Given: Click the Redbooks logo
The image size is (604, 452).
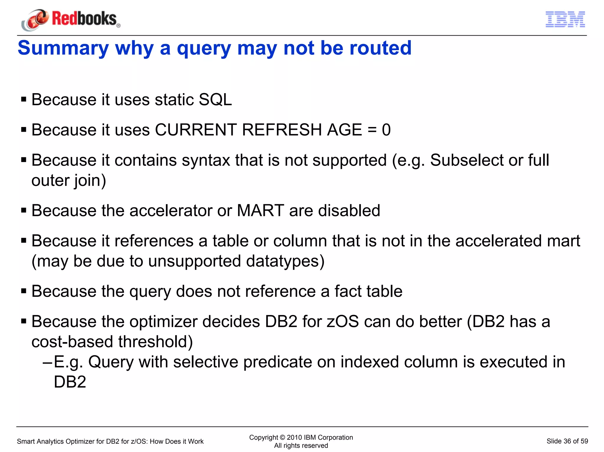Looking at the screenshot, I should [71, 19].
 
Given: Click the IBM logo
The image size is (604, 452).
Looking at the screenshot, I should [565, 19].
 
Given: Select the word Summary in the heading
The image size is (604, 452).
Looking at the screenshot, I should [63, 48].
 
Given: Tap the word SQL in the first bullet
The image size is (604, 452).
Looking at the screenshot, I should [215, 100].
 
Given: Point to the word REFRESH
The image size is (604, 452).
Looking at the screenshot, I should [281, 130].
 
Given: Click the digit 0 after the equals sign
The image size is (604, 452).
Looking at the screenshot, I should [386, 130].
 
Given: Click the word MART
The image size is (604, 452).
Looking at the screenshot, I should [260, 211].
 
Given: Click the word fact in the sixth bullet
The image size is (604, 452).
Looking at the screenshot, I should [347, 291].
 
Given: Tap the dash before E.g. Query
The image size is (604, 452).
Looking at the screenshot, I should [47, 362].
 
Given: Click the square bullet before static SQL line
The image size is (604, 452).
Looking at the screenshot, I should [24, 100].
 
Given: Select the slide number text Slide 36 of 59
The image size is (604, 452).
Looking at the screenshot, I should [567, 441].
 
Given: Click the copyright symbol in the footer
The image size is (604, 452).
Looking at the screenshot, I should [282, 438].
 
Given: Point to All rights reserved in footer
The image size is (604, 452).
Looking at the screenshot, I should [301, 446].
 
